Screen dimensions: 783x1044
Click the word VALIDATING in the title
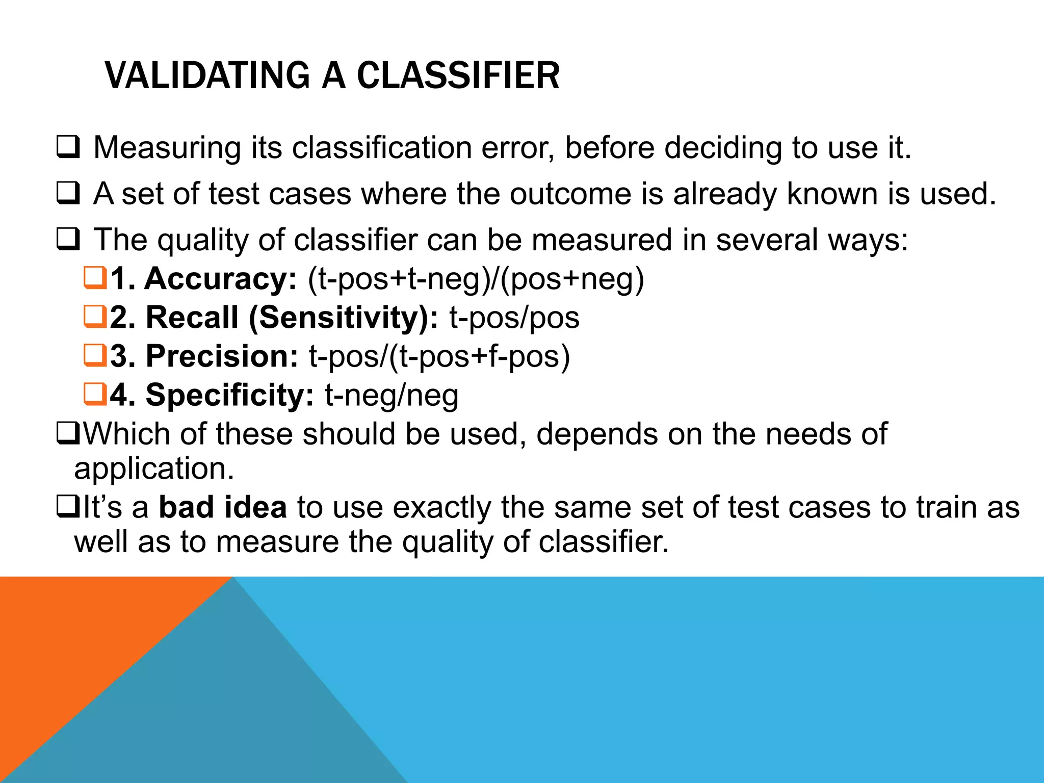pos(207,75)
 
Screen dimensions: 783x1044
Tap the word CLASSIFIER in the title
pos(458,75)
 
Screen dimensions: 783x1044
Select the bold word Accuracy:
pos(220,279)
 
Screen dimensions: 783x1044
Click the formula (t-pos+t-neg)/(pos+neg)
pos(476,279)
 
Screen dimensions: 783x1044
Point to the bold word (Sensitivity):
pos(343,318)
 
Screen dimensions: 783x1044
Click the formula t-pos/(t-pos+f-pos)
pos(439,356)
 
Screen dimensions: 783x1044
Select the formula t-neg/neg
pos(391,396)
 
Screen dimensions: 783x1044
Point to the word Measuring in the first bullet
pos(167,148)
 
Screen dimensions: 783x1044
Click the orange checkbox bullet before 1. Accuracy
pos(95,279)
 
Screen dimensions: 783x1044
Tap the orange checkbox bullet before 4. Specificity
pos(95,394)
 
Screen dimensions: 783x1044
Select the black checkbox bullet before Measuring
pos(68,147)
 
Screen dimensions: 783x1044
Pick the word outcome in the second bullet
pos(570,194)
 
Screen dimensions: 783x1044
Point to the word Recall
pos(192,318)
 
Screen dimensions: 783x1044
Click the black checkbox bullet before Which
pos(68,434)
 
